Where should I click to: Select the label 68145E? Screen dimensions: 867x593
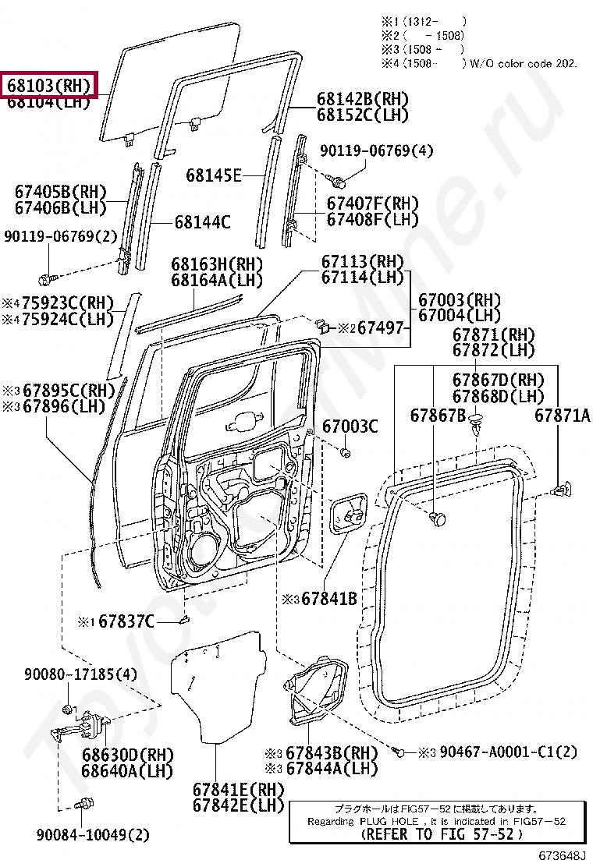point(213,175)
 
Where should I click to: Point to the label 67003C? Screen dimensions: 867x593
point(350,426)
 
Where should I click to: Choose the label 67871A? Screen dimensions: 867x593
point(562,416)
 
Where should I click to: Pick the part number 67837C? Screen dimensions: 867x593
point(126,621)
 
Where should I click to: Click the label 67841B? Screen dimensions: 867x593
point(328,599)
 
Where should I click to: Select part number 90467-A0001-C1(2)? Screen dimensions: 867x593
point(508,752)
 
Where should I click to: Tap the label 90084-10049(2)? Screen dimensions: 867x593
point(92,835)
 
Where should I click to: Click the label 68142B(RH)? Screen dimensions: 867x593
point(363,99)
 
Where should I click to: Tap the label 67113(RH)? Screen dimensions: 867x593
point(363,261)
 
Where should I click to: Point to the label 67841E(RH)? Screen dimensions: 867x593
point(238,788)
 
